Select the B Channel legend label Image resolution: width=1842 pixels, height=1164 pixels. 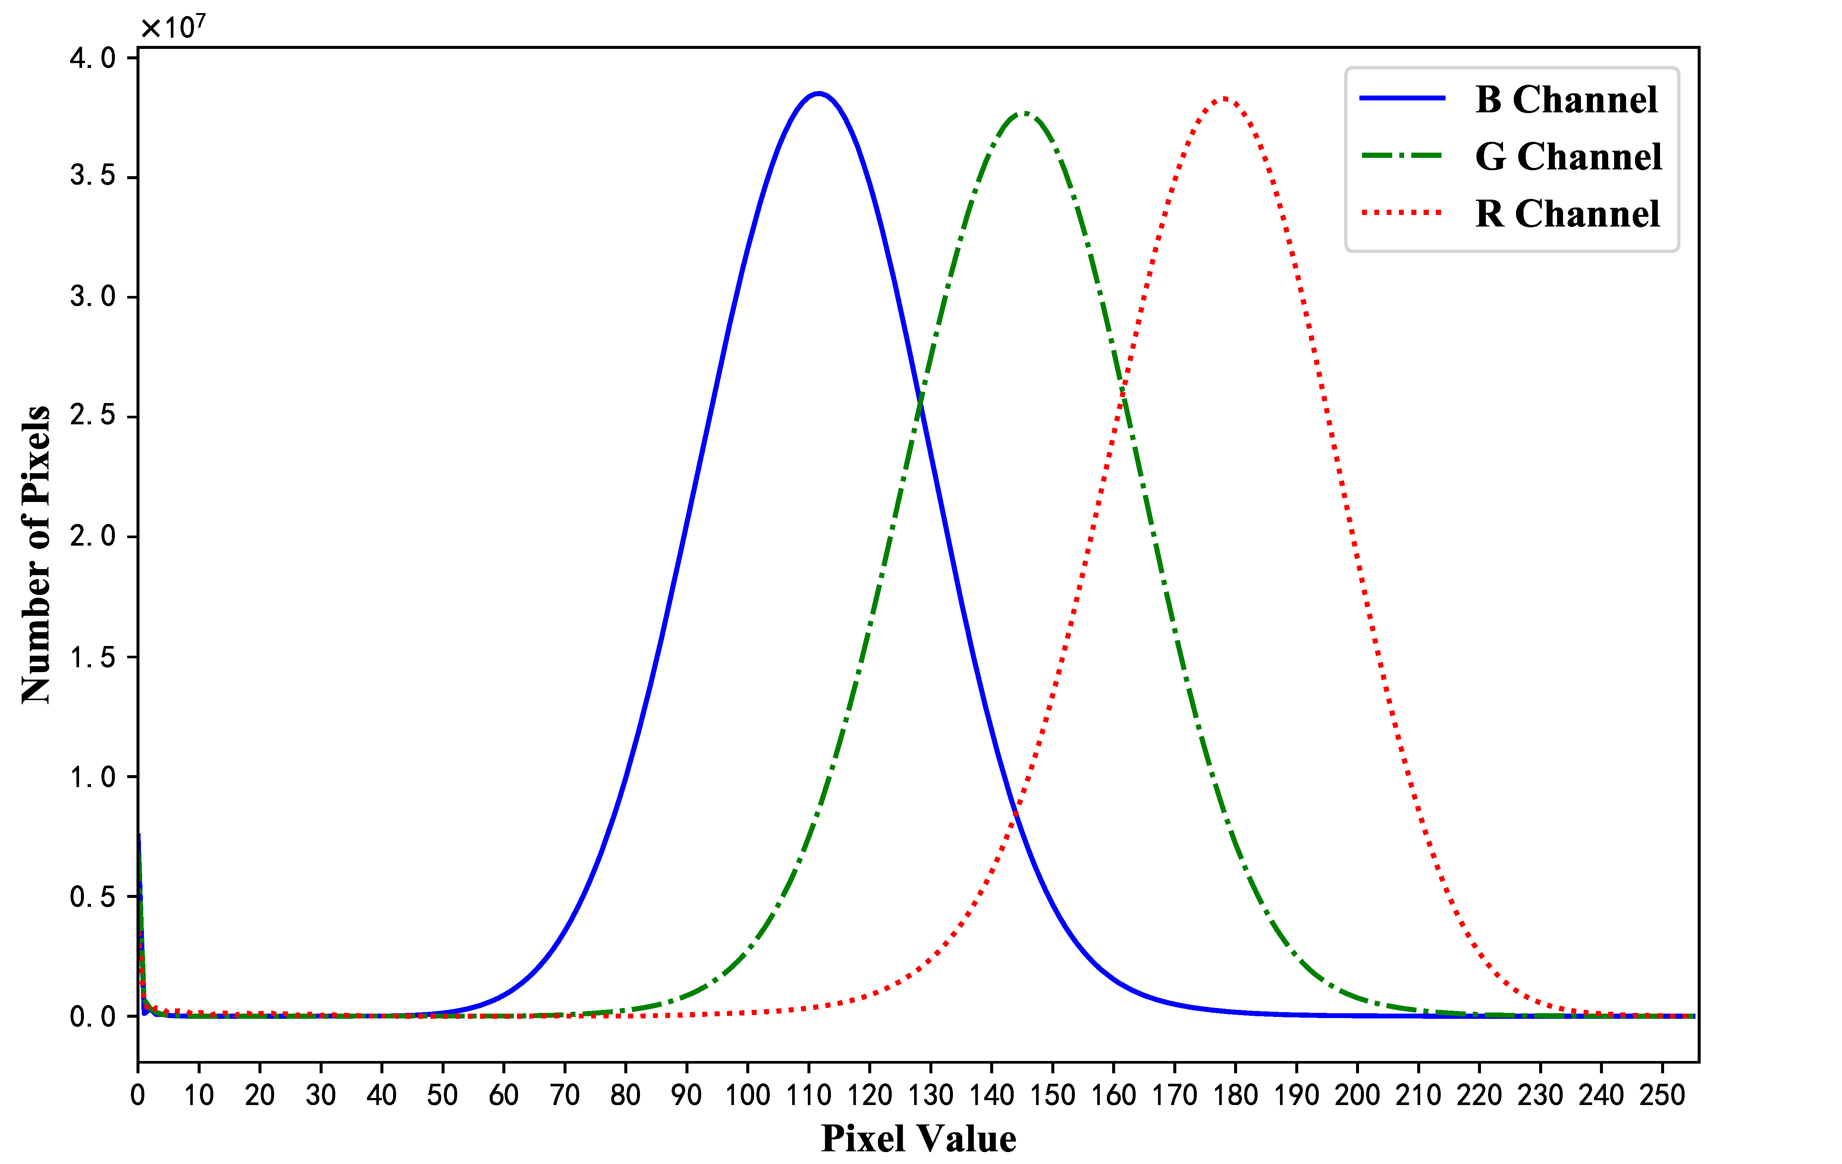coord(1566,100)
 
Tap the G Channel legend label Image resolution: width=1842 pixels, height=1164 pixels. coord(1568,157)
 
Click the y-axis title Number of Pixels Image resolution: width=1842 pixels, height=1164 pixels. coord(36,555)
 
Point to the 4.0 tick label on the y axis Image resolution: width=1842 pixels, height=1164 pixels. coord(92,58)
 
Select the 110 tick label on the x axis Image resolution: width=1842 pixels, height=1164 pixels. coord(809,1095)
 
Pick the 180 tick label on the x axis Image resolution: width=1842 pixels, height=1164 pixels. coord(1235,1095)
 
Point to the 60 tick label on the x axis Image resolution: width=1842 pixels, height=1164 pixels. coord(503,1095)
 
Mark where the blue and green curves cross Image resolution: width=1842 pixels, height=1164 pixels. coord(920,398)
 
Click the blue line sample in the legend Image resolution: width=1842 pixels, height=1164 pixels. coord(1402,98)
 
